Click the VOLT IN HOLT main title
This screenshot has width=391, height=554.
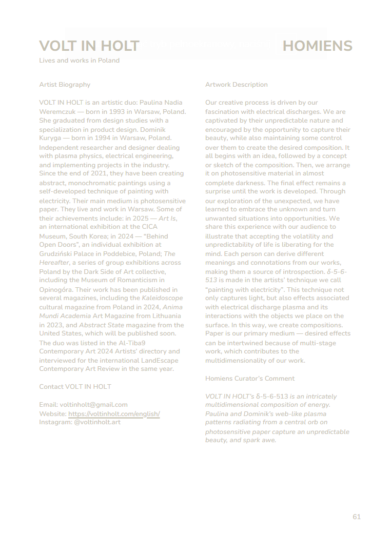click(89, 46)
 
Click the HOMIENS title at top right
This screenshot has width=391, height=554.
click(317, 46)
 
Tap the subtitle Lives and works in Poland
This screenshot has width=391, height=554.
click(79, 61)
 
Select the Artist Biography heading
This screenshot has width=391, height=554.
click(65, 85)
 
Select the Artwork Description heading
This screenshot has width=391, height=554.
click(237, 85)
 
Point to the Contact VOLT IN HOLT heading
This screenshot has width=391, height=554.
click(75, 387)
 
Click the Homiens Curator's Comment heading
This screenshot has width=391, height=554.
click(250, 379)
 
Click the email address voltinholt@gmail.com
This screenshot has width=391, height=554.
click(93, 405)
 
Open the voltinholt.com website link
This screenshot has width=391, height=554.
click(114, 413)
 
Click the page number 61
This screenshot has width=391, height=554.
click(357, 517)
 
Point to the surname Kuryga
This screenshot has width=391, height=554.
click(51, 138)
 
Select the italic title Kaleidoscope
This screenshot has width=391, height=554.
click(162, 299)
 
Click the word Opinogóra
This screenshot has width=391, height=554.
click(56, 289)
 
